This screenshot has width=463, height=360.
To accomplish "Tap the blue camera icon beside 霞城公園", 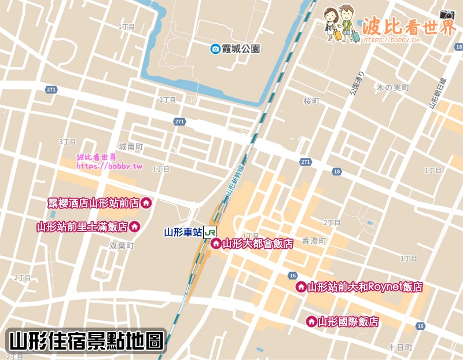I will click(x=215, y=49).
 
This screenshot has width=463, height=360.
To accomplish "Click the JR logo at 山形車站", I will click(x=210, y=232).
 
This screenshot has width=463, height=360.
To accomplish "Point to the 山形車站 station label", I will click(x=183, y=233).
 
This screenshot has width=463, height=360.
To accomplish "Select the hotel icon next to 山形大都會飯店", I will click(x=215, y=244).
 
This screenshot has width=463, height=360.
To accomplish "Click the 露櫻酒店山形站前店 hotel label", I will click(x=94, y=203).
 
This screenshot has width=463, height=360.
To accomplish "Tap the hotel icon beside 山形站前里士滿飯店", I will click(x=135, y=226).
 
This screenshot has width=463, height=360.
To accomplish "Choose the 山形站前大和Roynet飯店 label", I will click(x=365, y=286).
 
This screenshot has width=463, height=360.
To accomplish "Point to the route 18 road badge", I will click(x=337, y=171).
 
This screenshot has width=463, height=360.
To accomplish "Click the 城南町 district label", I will click(x=130, y=147).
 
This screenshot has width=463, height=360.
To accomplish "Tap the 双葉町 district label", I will click(x=122, y=246).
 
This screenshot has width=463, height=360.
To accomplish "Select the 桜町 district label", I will click(x=311, y=101).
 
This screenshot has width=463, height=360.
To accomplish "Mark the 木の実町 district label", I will click(x=393, y=88).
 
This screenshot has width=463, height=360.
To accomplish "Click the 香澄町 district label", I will click(x=315, y=240).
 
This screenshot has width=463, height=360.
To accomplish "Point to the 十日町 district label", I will click(x=400, y=347).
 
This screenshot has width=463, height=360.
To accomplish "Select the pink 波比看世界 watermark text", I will click(x=409, y=26).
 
